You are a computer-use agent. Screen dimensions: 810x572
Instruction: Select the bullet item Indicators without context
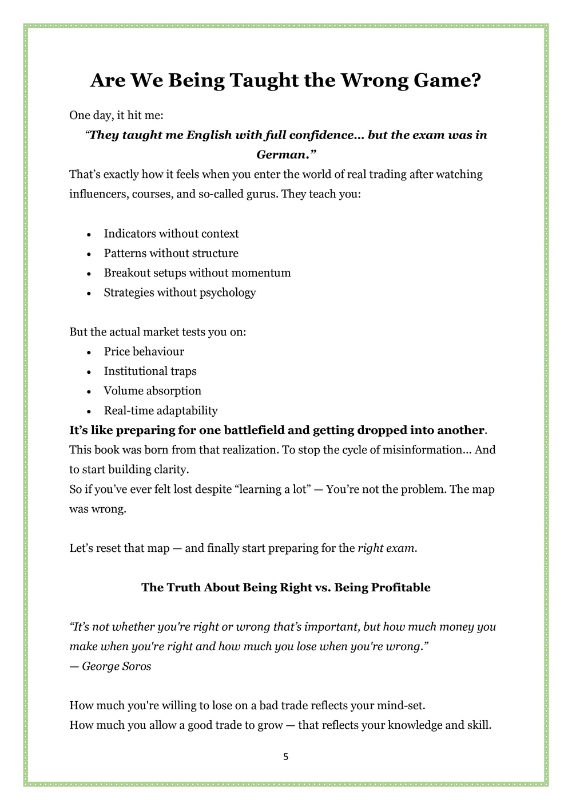pos(171,234)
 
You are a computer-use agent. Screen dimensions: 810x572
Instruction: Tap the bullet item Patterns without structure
pos(171,253)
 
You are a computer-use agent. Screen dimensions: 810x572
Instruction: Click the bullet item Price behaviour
pos(144,351)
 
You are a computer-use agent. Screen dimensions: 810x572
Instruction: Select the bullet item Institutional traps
pos(150,371)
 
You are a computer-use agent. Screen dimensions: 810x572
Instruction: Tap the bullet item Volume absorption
pos(152,391)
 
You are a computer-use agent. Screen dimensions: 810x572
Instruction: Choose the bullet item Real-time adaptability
pos(161,410)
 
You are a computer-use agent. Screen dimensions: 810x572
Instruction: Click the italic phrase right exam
pos(386,548)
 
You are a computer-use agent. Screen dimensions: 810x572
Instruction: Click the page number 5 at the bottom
pos(286,757)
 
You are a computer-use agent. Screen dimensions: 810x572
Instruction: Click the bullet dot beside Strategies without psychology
pos(89,293)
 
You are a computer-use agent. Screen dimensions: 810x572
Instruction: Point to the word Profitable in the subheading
pos(401,587)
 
